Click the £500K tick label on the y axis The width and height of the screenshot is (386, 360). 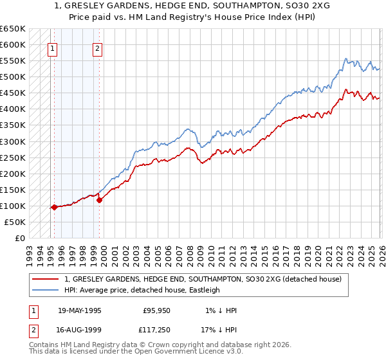pos(12,77)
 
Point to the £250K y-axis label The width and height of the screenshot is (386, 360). pos(12,157)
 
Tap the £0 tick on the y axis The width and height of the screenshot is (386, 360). pos(19,238)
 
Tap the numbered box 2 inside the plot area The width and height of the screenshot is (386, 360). pos(97,47)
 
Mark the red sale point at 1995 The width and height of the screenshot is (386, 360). pos(54,207)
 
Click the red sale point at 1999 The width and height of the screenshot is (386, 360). pos(100,200)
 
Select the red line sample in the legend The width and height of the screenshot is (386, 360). pos(46,279)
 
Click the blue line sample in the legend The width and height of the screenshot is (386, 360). pos(46,290)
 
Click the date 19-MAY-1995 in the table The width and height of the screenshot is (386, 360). pos(80,310)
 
